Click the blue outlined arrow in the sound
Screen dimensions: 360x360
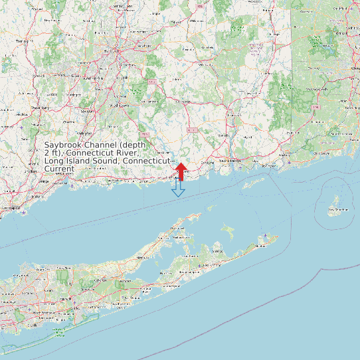178,189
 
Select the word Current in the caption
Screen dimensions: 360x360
59,169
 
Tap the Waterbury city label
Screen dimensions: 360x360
41,106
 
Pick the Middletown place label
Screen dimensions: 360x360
120,105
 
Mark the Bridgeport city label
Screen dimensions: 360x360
10,208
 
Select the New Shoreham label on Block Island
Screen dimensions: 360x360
337,210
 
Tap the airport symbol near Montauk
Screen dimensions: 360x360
266,236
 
